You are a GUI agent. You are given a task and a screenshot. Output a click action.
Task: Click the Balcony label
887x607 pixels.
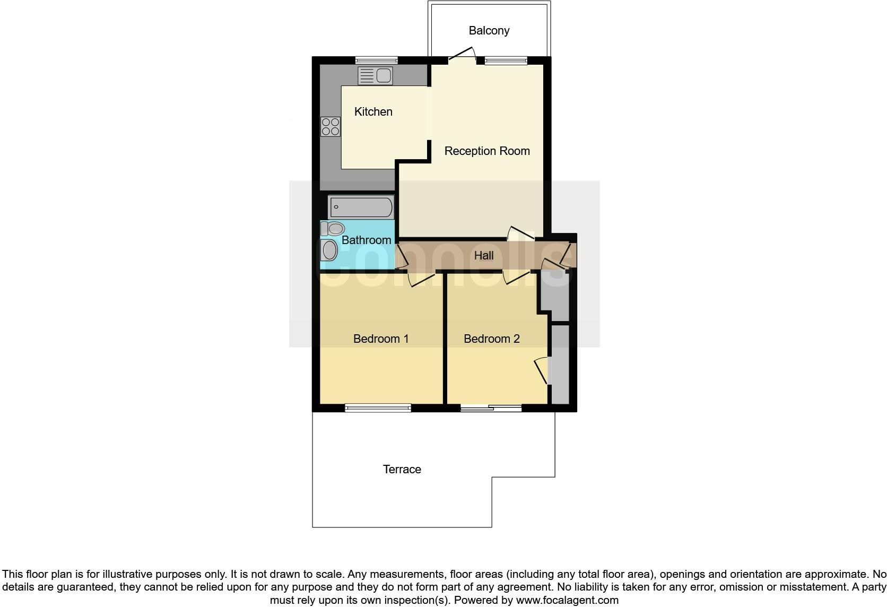pos(489,31)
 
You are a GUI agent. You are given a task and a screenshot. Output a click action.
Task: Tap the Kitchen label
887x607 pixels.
pos(373,112)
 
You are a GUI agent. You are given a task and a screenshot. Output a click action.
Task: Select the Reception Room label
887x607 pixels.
pos(486,151)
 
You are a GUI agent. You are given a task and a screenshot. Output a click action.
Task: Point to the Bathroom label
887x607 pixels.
pos(366,240)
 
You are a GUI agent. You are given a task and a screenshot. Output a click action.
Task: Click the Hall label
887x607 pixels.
pos(483,256)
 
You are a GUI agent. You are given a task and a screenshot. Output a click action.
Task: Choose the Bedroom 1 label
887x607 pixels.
pos(381,339)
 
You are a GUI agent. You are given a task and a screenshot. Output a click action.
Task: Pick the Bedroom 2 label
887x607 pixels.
pos(491,339)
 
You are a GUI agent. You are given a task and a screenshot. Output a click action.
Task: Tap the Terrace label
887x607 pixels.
pos(402,470)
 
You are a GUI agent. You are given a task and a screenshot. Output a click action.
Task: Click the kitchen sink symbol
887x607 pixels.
pos(375,76)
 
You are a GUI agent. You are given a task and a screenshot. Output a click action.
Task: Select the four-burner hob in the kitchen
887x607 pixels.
pos(331,127)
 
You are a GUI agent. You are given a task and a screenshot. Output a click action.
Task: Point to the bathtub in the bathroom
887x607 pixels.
pos(361,206)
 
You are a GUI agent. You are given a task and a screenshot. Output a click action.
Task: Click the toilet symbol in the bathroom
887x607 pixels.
pos(333,229)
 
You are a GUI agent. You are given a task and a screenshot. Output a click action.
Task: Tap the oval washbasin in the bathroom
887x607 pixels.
pos(329,250)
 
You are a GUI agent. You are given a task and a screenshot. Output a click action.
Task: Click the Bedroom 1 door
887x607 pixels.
pos(422,279)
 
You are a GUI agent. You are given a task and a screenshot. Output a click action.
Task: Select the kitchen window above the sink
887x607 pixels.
pos(376,60)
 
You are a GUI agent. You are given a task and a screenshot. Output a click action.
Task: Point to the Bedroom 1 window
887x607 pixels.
pos(378,408)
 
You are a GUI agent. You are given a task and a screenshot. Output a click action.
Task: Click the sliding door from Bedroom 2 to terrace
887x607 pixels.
pos(491,408)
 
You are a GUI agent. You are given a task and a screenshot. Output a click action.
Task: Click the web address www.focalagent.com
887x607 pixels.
pos(567,601)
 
